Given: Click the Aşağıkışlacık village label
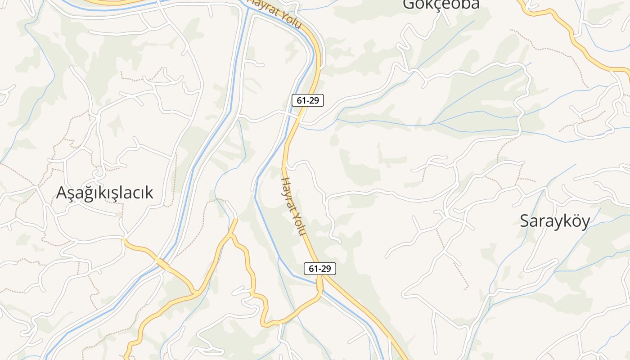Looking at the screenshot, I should tap(104, 193).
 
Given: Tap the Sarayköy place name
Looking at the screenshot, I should tap(554, 221).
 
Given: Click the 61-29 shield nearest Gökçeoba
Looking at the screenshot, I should tap(308, 100).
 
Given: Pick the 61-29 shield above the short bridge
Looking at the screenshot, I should tap(320, 269).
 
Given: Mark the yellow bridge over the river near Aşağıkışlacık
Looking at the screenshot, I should tap(162, 264).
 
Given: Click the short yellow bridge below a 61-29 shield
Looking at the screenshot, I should tap(319, 284).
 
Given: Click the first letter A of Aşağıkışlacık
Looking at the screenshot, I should tap(62, 193).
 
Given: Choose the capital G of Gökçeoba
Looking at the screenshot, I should tap(409, 4).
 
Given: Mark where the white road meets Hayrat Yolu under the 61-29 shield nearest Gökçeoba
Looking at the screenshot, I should tap(298, 118).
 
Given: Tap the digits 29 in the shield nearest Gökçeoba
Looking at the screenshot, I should tap(314, 100).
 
